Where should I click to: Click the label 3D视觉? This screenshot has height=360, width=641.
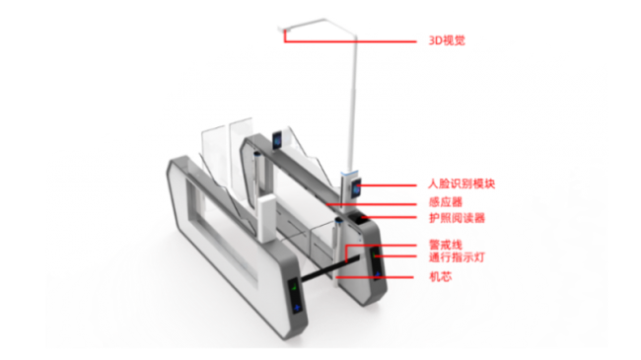pos(447,40)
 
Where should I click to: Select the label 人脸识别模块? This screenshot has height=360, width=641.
pos(462,183)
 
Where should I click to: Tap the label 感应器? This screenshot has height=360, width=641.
pos(446,201)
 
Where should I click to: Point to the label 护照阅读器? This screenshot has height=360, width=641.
pos(457,218)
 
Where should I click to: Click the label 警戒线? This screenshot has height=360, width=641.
pos(446,245)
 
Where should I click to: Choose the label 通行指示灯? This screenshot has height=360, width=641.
pos(457,256)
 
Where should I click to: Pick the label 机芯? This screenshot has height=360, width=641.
pos(440,277)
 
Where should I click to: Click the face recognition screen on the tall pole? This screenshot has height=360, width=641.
pos(354,188)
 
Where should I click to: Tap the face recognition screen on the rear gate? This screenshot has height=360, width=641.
pos(277,140)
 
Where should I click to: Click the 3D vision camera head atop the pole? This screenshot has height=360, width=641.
pos(284,29)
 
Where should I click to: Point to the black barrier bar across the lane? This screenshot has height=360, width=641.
pos(330,269)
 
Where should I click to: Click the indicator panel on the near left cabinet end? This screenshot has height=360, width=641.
pos(296,297)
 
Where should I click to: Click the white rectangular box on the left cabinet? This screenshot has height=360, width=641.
pos(266,218)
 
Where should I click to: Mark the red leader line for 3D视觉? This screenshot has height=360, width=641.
pos(350,40)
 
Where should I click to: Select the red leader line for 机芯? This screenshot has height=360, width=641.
pos(374,277)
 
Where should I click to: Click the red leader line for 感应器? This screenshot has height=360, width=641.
pos(371,203)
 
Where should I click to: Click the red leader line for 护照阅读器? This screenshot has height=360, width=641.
pos(389,217)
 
